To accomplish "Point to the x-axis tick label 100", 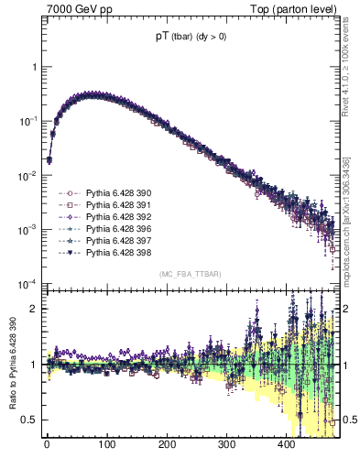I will [x=106, y=445].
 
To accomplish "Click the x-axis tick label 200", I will [x=167, y=445].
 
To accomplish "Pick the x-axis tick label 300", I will [x=226, y=445].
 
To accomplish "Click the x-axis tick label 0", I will [x=47, y=445].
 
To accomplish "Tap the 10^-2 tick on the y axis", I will [x=27, y=175].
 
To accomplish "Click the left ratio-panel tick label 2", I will [x=33, y=309].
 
